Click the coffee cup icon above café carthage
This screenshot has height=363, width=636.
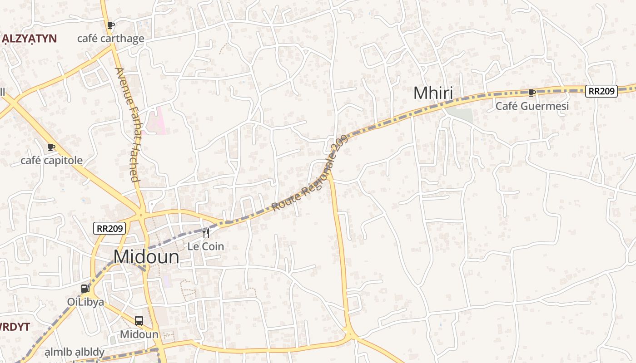point(110,25)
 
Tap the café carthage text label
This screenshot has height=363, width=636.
point(110,39)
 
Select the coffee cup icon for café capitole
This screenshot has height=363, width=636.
point(51,147)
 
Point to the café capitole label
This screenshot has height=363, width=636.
point(51,160)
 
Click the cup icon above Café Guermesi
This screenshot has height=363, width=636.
point(532,93)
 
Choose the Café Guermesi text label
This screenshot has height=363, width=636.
point(532,106)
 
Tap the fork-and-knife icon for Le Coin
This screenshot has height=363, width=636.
point(206,233)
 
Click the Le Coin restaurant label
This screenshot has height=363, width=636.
point(206,246)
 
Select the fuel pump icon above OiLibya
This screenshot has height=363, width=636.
point(85,289)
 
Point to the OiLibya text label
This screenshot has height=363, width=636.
point(85,302)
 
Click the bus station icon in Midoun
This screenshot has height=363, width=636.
point(139,321)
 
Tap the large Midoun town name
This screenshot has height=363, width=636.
point(146,257)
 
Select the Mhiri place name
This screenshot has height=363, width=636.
point(433,93)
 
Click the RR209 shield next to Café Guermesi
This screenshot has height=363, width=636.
point(601,91)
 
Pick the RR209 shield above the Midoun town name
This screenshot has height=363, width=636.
point(109,228)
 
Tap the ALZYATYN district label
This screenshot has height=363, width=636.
point(29,39)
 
